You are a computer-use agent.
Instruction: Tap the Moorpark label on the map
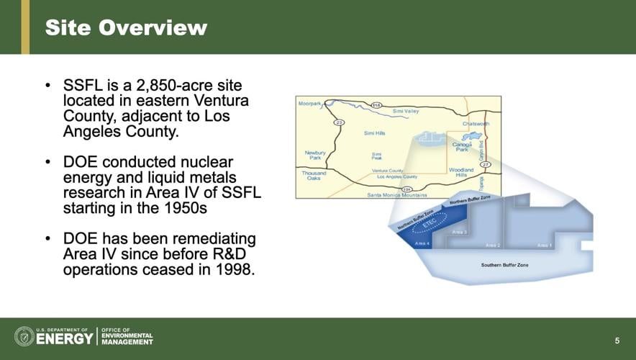pyautogui.click(x=309, y=104)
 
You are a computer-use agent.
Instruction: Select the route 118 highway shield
pyautogui.click(x=376, y=105)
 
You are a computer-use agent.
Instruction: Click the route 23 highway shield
pyautogui.click(x=339, y=122)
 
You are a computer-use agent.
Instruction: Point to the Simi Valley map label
pyautogui.click(x=406, y=112)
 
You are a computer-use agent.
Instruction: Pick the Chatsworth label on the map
pyautogui.click(x=476, y=123)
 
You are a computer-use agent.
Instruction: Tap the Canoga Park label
pyautogui.click(x=462, y=147)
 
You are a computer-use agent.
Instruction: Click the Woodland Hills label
pyautogui.click(x=461, y=173)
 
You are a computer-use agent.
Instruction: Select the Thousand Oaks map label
pyautogui.click(x=314, y=176)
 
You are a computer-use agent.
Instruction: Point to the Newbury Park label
pyautogui.click(x=315, y=155)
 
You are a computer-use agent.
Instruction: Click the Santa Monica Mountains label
pyautogui.click(x=397, y=195)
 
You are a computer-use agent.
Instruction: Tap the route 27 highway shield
pyautogui.click(x=486, y=165)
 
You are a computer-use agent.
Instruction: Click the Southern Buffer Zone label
pyautogui.click(x=504, y=265)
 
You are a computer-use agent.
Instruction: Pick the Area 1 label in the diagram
pyautogui.click(x=545, y=245)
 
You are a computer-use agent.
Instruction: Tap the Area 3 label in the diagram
pyautogui.click(x=460, y=232)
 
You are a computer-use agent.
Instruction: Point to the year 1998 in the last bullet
pyautogui.click(x=234, y=270)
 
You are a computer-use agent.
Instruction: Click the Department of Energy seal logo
pyautogui.click(x=24, y=336)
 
